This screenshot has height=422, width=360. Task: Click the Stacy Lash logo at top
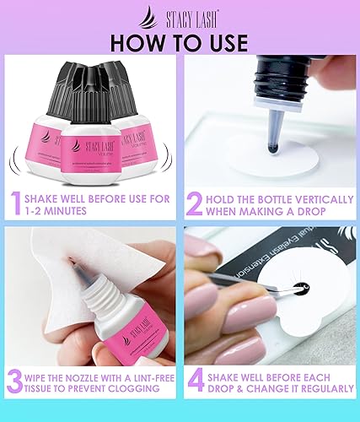click(x=180, y=14)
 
